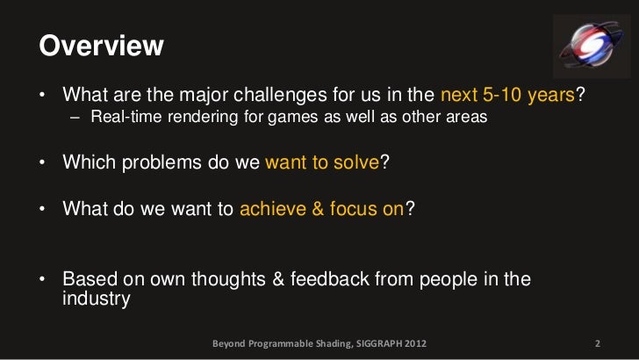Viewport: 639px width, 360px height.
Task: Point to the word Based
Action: coord(88,279)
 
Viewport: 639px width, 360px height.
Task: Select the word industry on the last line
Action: coord(97,299)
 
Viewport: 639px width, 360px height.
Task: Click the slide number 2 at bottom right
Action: coord(597,342)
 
